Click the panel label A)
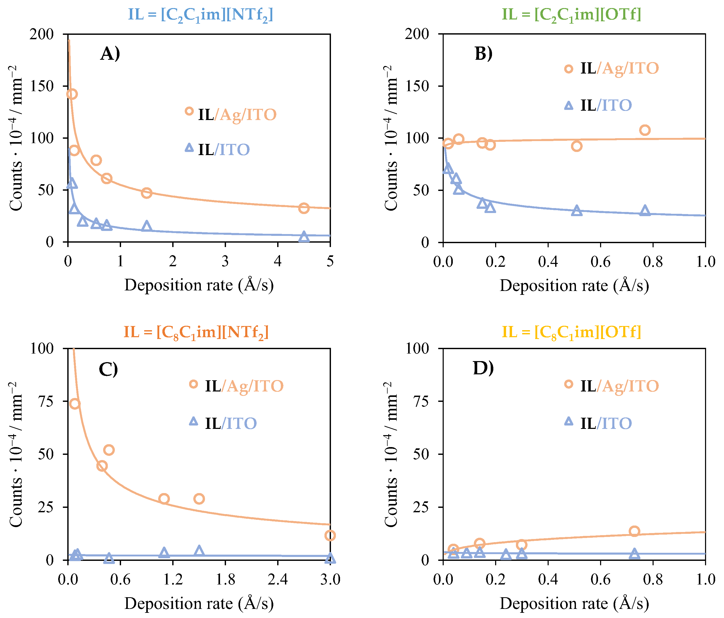tap(110, 54)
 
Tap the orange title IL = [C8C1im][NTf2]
tap(196, 332)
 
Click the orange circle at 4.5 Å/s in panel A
tap(304, 208)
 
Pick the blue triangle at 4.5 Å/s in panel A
tap(304, 236)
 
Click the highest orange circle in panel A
tap(72, 94)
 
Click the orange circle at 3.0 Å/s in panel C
tap(330, 536)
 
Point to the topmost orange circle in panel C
tap(75, 404)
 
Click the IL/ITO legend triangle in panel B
tap(569, 105)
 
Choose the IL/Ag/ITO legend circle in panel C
tap(194, 384)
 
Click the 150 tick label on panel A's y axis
tap(42, 86)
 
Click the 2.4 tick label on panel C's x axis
tap(277, 580)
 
